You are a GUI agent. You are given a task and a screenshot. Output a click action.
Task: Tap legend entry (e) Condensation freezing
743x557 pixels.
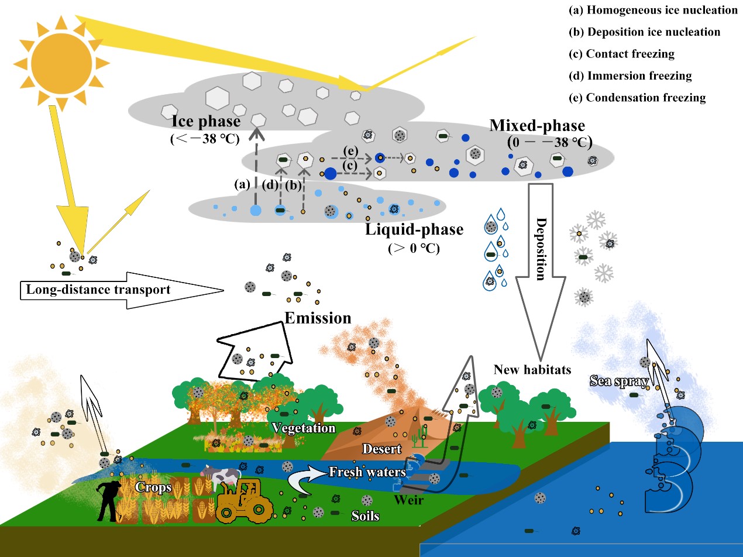[x=637, y=98]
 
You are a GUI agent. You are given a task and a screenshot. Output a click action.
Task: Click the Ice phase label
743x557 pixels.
[x=206, y=122]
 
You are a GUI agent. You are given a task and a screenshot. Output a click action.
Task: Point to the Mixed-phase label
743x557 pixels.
[x=537, y=125]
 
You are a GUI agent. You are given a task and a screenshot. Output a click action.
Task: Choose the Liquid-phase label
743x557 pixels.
[x=414, y=229]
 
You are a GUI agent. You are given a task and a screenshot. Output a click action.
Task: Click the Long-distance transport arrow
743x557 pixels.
[x=117, y=290]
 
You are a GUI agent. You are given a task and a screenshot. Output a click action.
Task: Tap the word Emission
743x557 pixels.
[x=318, y=318]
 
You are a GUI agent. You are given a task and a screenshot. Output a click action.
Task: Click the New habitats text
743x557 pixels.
[x=532, y=369]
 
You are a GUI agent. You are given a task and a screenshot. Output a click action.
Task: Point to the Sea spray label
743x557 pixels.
[x=619, y=383]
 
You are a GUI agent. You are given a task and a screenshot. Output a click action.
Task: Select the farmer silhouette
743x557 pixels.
[x=109, y=500]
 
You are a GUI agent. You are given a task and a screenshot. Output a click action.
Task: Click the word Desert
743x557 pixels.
[x=382, y=449]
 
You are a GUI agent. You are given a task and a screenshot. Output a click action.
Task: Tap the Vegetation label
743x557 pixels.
[x=304, y=428]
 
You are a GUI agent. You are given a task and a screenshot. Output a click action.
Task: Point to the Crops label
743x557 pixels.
[x=153, y=487]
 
